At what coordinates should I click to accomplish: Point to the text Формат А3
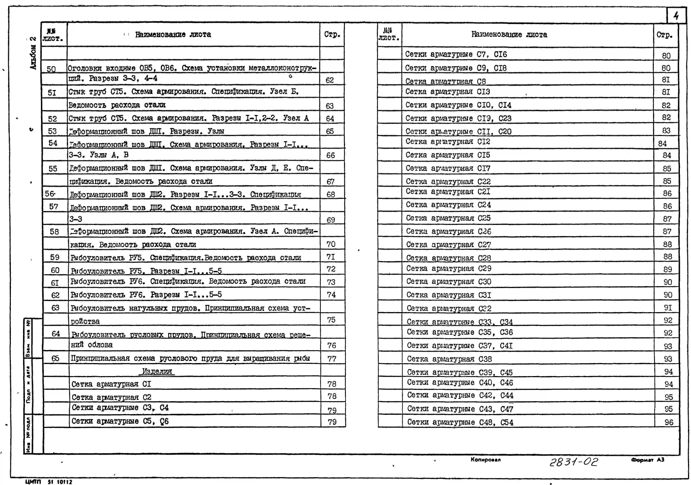coord(647,460)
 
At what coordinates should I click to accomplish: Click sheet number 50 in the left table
coord(51,69)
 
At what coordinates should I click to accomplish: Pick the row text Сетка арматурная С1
coord(111,384)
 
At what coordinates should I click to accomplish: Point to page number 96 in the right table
coord(669,422)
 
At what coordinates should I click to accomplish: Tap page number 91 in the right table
coord(668,308)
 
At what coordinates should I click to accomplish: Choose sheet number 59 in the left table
coord(55,257)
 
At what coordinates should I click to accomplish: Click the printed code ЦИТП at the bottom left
coord(33,482)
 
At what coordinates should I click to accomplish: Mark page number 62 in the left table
coord(330,80)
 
